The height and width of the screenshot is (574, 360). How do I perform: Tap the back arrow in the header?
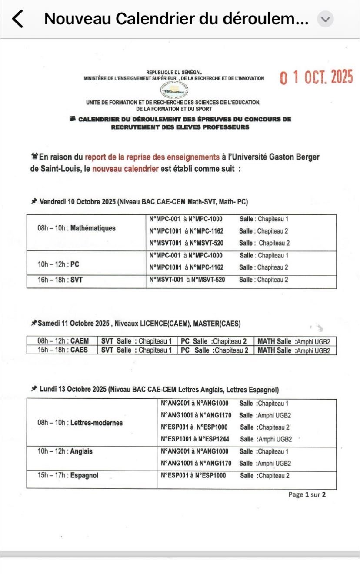[x=17, y=19]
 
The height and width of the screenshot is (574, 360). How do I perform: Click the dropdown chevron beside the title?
[x=325, y=19]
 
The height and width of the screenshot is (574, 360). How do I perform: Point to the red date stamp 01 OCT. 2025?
[x=317, y=77]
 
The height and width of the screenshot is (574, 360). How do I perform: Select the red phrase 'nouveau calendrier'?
[x=126, y=169]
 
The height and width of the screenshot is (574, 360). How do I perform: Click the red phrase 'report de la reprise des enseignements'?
[x=152, y=157]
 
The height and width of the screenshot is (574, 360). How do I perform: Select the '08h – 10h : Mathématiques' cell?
[x=77, y=228]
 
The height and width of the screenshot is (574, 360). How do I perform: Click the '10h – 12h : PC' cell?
[x=59, y=264]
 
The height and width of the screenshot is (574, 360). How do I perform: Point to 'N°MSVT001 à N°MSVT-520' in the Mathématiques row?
[x=187, y=243]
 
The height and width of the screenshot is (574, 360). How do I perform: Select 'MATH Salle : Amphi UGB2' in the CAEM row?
[x=294, y=341]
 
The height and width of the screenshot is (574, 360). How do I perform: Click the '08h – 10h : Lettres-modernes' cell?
[x=80, y=423]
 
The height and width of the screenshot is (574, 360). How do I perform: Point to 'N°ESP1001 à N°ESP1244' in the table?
[x=194, y=439]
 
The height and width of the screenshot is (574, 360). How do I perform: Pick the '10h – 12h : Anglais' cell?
[x=65, y=451]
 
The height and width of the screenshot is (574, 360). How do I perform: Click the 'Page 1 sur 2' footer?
[x=307, y=494]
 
